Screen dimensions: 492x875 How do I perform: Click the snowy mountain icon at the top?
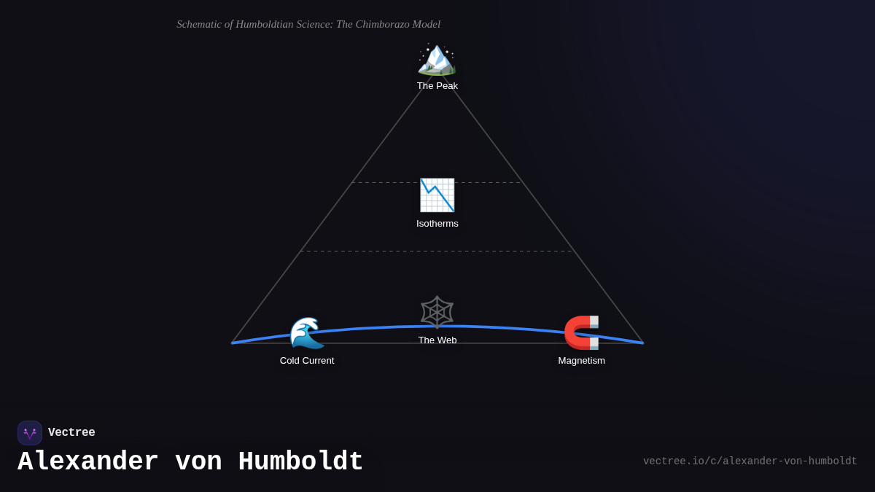pyautogui.click(x=437, y=59)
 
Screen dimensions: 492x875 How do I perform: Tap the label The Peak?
pyautogui.click(x=437, y=86)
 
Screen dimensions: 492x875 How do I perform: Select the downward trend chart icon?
pyautogui.click(x=437, y=195)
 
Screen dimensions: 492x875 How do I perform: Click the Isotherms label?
pyautogui.click(x=437, y=224)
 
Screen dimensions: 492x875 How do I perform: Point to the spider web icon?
pyautogui.click(x=437, y=312)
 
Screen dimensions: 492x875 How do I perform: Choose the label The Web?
pyautogui.click(x=437, y=340)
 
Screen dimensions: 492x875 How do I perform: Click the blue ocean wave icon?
pyautogui.click(x=307, y=333)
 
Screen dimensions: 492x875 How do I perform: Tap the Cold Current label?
pyautogui.click(x=307, y=361)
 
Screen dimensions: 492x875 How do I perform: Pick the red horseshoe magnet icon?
pyautogui.click(x=582, y=332)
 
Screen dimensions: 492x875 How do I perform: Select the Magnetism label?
pyautogui.click(x=582, y=361)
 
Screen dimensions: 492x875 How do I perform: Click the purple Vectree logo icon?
pyautogui.click(x=30, y=433)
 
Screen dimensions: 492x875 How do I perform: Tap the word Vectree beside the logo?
pyautogui.click(x=71, y=433)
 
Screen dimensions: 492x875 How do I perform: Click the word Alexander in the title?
pyautogui.click(x=87, y=462)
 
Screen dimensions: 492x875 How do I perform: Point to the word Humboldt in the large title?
pyautogui.click(x=300, y=462)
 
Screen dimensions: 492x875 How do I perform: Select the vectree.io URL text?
pyautogui.click(x=750, y=461)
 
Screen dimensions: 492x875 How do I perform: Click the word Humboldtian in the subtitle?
pyautogui.click(x=265, y=24)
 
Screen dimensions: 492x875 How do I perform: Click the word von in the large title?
pyautogui.click(x=198, y=462)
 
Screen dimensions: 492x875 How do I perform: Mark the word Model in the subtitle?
pyautogui.click(x=427, y=24)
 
